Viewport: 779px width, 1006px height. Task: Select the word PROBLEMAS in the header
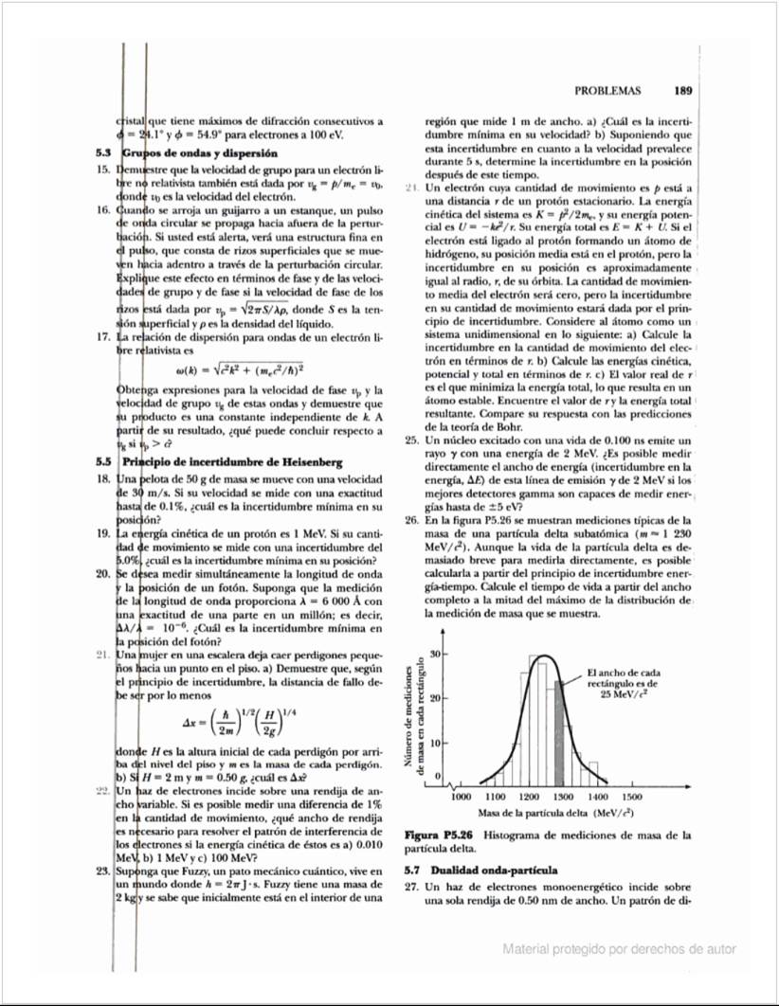[x=607, y=92]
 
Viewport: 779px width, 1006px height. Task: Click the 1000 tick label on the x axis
[x=462, y=798]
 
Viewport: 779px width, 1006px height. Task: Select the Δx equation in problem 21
[x=242, y=718]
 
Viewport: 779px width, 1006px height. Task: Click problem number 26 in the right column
[x=410, y=520]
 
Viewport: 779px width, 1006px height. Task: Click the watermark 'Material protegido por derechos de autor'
[x=620, y=948]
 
